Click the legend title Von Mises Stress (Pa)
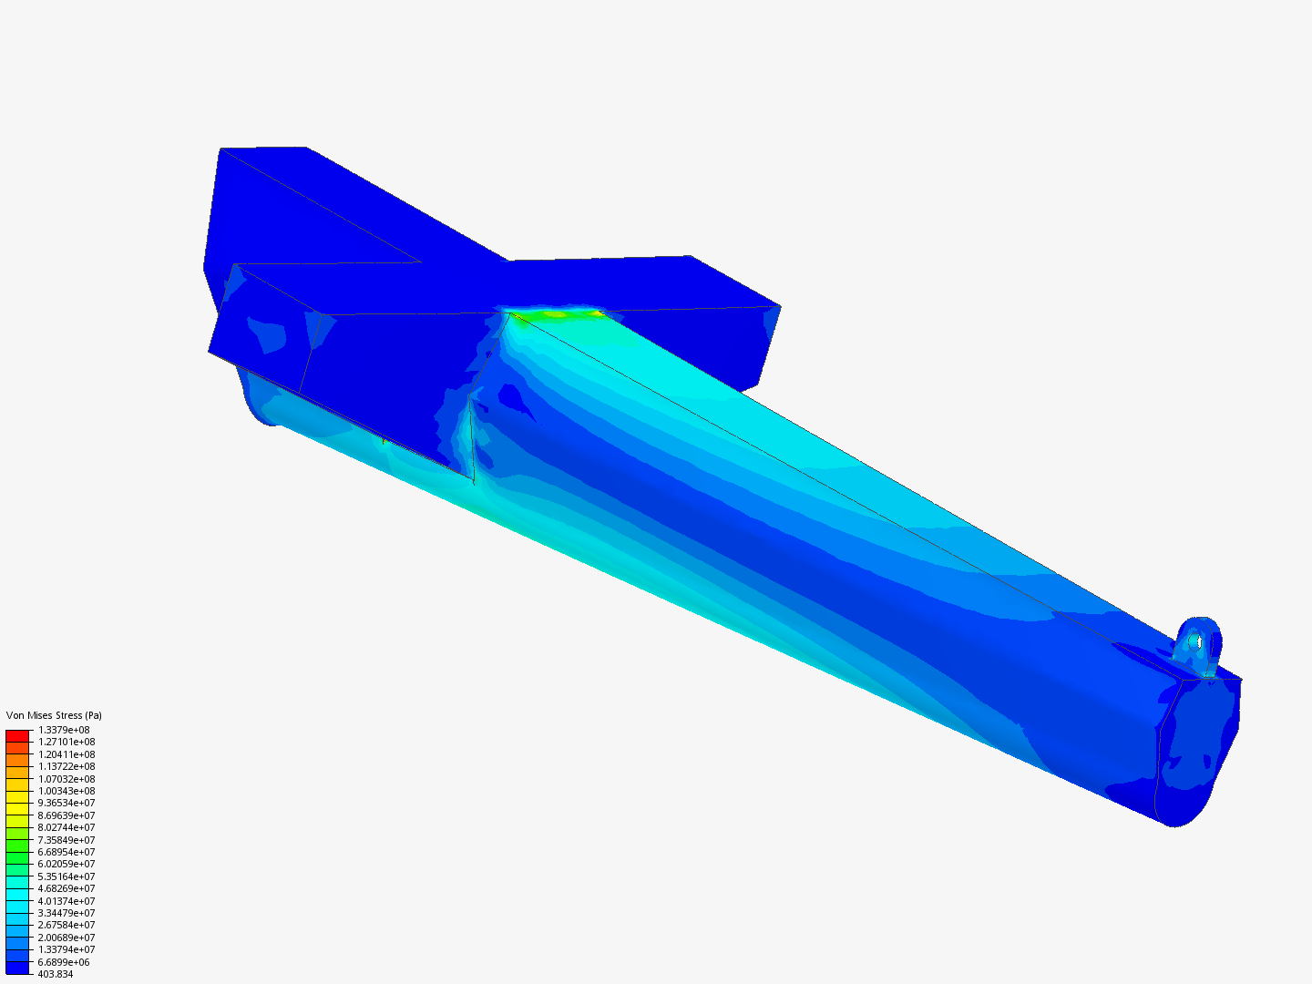54,715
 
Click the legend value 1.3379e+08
64,730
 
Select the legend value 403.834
56,974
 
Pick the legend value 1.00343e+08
66,791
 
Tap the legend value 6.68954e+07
66,852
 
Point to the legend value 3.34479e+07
66,913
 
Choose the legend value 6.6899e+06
64,962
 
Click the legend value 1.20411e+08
66,754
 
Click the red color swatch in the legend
17,735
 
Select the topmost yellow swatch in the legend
17,796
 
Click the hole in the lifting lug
1200,641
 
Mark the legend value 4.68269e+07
66,888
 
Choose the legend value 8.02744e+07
66,827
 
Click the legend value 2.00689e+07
66,938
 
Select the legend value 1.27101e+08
66,742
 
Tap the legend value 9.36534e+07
66,803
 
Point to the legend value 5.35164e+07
66,876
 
